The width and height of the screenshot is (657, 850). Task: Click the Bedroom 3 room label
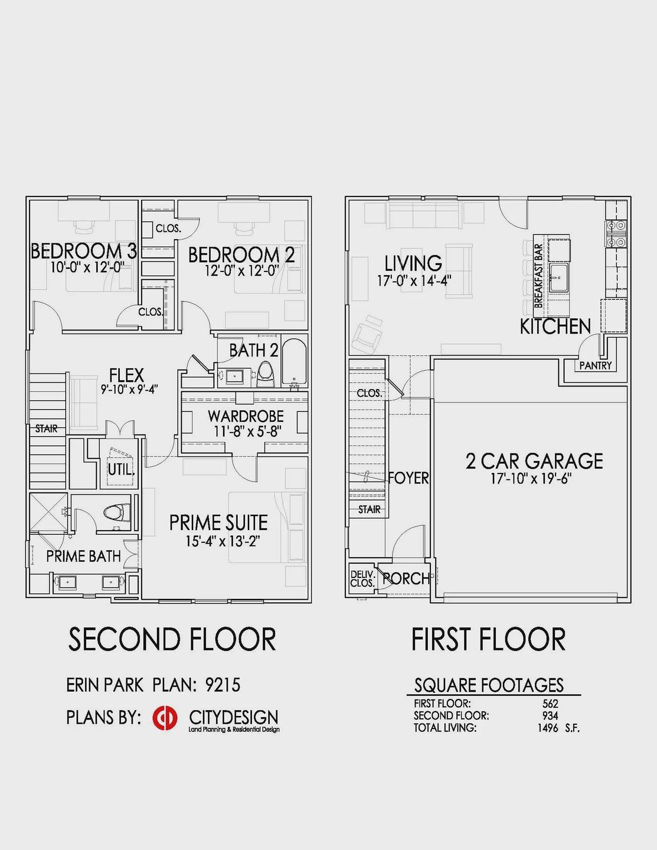[84, 251]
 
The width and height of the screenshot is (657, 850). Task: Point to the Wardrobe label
[246, 416]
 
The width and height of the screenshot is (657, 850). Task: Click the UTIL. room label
[121, 470]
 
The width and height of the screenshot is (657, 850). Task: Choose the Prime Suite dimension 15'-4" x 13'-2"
[223, 540]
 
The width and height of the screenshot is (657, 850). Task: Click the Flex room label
[126, 375]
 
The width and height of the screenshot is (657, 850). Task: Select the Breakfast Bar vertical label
[538, 276]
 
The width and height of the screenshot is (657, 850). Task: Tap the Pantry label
[595, 366]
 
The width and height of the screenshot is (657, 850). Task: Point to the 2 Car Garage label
[534, 461]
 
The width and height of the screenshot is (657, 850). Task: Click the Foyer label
[408, 478]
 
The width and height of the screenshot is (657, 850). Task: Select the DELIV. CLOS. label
[362, 578]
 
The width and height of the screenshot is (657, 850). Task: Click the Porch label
[406, 578]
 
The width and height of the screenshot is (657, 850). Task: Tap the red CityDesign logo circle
[165, 718]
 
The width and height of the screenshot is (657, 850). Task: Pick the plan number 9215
[223, 685]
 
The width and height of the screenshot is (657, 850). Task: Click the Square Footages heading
[489, 685]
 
